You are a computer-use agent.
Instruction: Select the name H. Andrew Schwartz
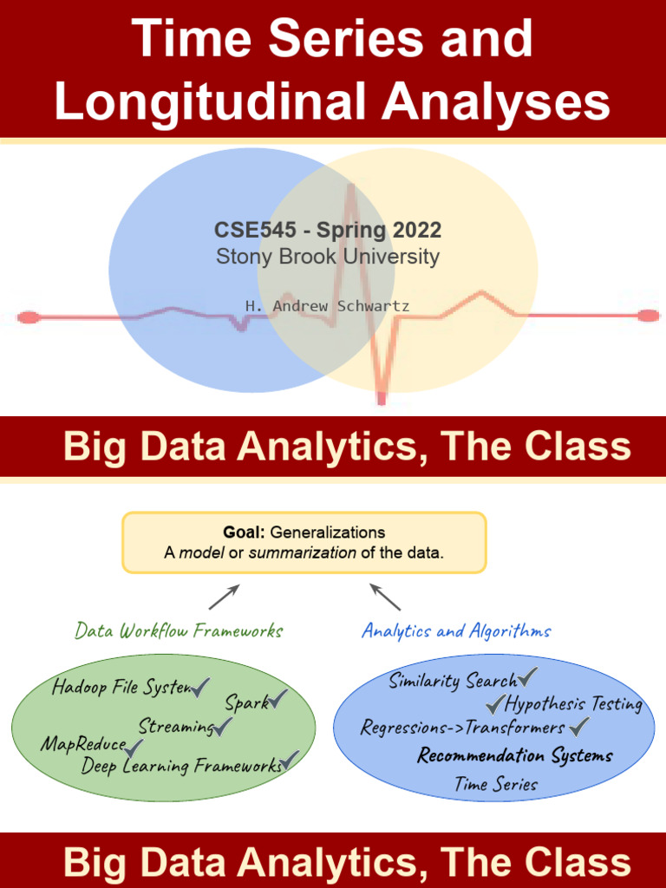pyautogui.click(x=327, y=306)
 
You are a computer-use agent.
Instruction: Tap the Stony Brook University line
pyautogui.click(x=327, y=257)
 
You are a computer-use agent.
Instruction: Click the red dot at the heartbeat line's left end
pyautogui.click(x=29, y=317)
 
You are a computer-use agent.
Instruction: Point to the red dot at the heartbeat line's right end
pyautogui.click(x=649, y=316)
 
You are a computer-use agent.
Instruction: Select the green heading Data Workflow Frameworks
pyautogui.click(x=179, y=630)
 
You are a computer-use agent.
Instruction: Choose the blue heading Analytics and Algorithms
pyautogui.click(x=455, y=630)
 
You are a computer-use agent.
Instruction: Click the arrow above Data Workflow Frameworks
pyautogui.click(x=223, y=597)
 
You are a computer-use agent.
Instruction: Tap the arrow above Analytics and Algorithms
pyautogui.click(x=385, y=596)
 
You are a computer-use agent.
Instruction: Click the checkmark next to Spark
pyautogui.click(x=278, y=699)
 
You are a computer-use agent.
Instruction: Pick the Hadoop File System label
pyautogui.click(x=121, y=688)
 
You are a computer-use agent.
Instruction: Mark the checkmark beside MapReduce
pyautogui.click(x=135, y=745)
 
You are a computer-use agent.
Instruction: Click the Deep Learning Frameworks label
pyautogui.click(x=181, y=766)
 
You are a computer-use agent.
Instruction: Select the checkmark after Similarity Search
pyautogui.click(x=527, y=677)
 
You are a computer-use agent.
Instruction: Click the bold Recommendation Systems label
pyautogui.click(x=515, y=755)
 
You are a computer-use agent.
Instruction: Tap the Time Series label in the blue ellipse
pyautogui.click(x=496, y=785)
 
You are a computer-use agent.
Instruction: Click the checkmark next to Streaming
pyautogui.click(x=224, y=725)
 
